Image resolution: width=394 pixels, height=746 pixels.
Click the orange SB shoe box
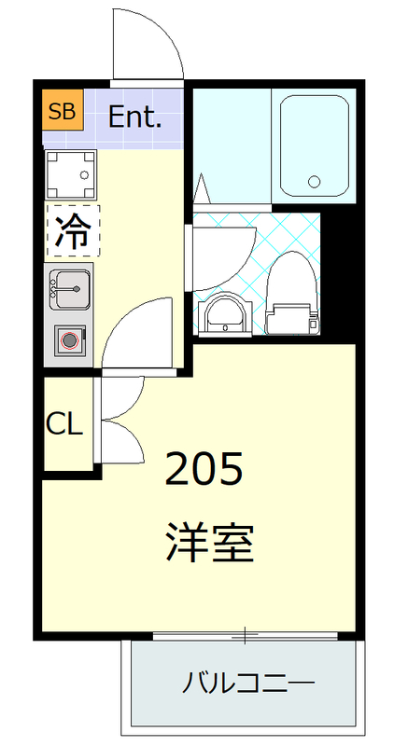(x=63, y=112)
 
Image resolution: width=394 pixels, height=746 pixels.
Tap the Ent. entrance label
(x=135, y=117)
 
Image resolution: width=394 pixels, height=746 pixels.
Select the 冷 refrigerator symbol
(x=72, y=229)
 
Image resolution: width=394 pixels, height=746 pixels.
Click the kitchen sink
(x=69, y=286)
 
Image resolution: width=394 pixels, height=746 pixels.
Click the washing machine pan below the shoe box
(x=72, y=174)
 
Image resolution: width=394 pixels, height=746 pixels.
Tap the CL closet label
(x=65, y=424)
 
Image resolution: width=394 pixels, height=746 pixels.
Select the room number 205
(x=204, y=469)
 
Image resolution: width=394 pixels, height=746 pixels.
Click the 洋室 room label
(x=210, y=542)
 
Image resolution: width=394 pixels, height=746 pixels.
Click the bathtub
(x=315, y=146)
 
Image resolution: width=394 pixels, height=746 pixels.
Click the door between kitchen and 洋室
(x=137, y=334)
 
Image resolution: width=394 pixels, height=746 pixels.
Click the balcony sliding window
(x=245, y=637)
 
